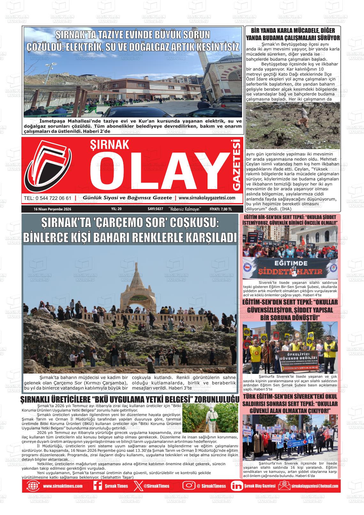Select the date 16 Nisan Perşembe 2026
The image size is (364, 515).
click(52, 209)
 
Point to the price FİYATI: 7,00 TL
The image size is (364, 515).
click(221, 209)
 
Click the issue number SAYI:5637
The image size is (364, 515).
click(155, 209)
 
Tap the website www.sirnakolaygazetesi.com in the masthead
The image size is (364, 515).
click(207, 198)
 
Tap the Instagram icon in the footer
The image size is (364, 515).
click(189, 486)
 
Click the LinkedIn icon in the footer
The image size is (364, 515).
click(237, 486)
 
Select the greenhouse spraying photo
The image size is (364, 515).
click(210, 418)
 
